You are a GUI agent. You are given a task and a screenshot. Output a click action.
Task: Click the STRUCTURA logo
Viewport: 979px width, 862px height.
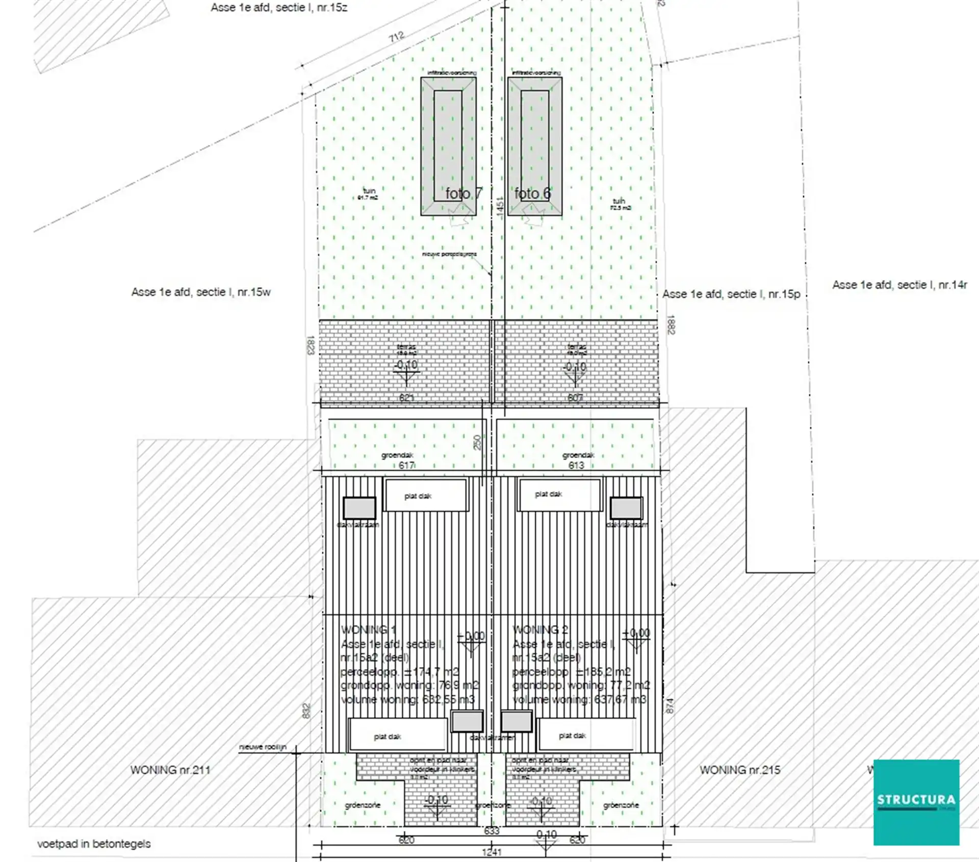pyautogui.click(x=916, y=802)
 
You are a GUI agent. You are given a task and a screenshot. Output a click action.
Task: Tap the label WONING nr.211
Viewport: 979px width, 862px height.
pyautogui.click(x=170, y=770)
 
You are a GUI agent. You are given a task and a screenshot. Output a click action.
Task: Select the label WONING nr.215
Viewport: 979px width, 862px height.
pyautogui.click(x=739, y=770)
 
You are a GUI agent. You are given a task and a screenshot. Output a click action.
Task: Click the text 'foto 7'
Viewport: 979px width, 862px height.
pyautogui.click(x=463, y=193)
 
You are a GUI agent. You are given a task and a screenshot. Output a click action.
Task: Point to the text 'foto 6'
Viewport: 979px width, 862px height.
pyautogui.click(x=532, y=193)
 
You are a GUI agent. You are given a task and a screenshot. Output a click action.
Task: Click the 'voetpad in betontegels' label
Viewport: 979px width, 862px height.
pyautogui.click(x=94, y=844)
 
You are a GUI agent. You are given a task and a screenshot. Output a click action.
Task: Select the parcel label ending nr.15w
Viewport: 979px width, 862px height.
pyautogui.click(x=201, y=292)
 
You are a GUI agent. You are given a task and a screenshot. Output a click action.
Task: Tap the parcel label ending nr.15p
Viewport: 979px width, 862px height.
pyautogui.click(x=731, y=294)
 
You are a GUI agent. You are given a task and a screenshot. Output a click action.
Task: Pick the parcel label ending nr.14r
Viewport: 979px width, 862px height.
pyautogui.click(x=899, y=285)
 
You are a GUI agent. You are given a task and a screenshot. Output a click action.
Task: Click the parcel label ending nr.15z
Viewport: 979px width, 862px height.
pyautogui.click(x=279, y=8)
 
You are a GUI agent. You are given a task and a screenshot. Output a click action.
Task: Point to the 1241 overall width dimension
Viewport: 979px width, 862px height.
pyautogui.click(x=492, y=852)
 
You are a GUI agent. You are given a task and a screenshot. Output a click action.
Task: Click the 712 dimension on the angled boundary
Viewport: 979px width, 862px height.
pyautogui.click(x=396, y=37)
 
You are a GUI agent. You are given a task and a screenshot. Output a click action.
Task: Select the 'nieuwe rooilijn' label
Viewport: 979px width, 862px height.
pyautogui.click(x=263, y=747)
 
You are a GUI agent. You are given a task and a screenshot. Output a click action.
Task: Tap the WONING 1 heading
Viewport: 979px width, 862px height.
pyautogui.click(x=368, y=630)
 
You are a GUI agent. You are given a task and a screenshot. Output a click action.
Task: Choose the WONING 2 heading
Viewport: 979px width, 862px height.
pyautogui.click(x=540, y=630)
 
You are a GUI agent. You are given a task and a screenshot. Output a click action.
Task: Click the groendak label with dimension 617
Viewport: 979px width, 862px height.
pyautogui.click(x=397, y=455)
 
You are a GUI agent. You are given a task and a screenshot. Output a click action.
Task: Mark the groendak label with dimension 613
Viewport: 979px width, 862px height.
pyautogui.click(x=578, y=455)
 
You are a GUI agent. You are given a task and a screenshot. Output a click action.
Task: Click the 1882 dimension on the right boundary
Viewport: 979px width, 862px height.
pyautogui.click(x=671, y=324)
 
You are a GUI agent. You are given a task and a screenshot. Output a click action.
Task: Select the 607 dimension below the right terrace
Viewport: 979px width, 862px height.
pyautogui.click(x=575, y=398)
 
